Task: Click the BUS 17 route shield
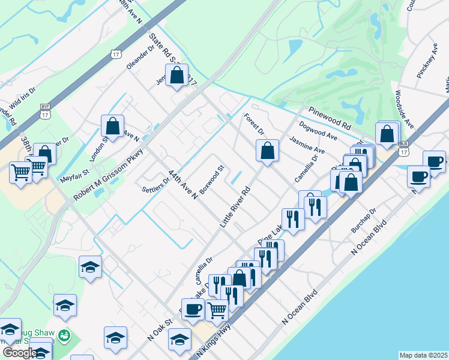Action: click(x=403, y=148)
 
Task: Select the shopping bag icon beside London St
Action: click(x=112, y=126)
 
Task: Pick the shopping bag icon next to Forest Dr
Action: click(x=267, y=151)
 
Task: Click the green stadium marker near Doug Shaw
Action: click(x=65, y=335)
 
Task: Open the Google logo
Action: click(x=19, y=353)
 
